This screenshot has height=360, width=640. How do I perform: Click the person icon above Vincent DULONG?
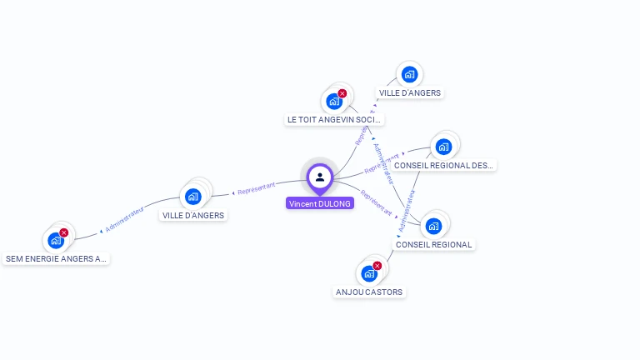coord(320,177)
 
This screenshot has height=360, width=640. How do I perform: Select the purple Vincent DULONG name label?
coord(320,203)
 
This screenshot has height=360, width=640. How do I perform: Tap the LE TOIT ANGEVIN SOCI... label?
coord(334,120)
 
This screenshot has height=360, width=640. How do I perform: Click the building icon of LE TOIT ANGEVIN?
coord(334,102)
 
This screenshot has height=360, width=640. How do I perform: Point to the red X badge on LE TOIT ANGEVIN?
coord(342,93)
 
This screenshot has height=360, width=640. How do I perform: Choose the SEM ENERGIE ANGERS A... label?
coord(57,258)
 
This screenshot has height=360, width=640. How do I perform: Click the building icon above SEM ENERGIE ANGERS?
coord(56,240)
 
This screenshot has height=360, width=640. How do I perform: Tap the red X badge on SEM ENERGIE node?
coord(64,232)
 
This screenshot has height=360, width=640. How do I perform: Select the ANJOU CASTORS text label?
coord(369,292)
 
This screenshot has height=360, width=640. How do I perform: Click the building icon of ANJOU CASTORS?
coord(369,273)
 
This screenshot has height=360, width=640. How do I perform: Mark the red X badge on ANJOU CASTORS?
coord(377,266)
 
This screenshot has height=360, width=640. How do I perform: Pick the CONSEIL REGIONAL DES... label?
coord(443,165)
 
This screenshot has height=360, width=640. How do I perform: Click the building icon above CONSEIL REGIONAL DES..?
coord(443,147)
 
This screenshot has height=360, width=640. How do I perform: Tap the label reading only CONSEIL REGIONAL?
coord(433,244)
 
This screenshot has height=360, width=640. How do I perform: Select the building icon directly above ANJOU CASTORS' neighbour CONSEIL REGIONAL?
coord(433,225)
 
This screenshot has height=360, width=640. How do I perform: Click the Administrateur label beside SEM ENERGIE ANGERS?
coord(124,219)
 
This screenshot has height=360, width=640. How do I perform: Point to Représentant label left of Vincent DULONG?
coord(256,189)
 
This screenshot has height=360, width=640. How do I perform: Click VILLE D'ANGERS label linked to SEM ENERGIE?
coord(193,215)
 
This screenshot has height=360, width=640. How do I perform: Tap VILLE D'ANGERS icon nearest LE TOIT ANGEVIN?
coord(409,74)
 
